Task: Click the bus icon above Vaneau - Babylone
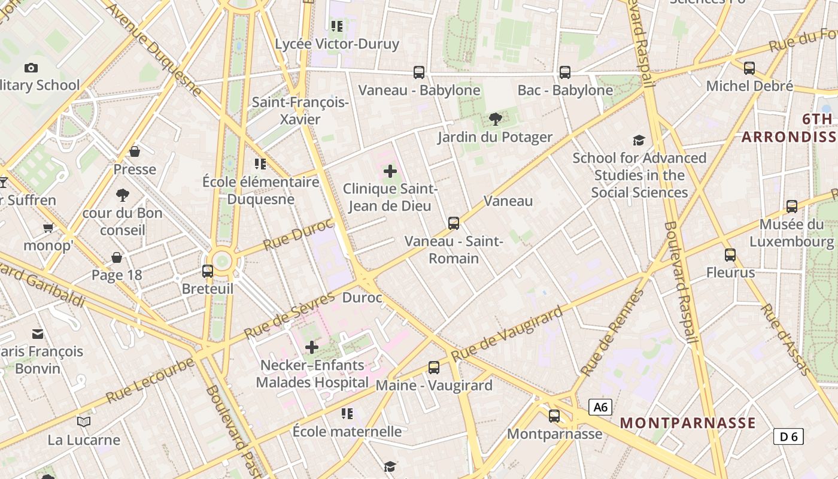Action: (419, 72)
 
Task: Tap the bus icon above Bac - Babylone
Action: (565, 72)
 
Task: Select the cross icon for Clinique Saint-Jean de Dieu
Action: (390, 172)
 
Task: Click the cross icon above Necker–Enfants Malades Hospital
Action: (312, 347)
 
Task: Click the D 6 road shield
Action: (788, 436)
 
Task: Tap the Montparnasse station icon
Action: (554, 416)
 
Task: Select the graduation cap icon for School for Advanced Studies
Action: (639, 140)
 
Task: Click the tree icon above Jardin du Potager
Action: (495, 119)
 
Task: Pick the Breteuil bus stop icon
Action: (208, 271)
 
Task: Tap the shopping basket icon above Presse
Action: (135, 151)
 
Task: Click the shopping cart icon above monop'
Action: (48, 228)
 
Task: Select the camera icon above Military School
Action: (31, 68)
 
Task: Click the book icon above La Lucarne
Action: (84, 422)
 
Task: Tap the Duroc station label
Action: (362, 298)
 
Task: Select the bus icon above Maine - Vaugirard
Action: (434, 368)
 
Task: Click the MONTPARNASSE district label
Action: (687, 423)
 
